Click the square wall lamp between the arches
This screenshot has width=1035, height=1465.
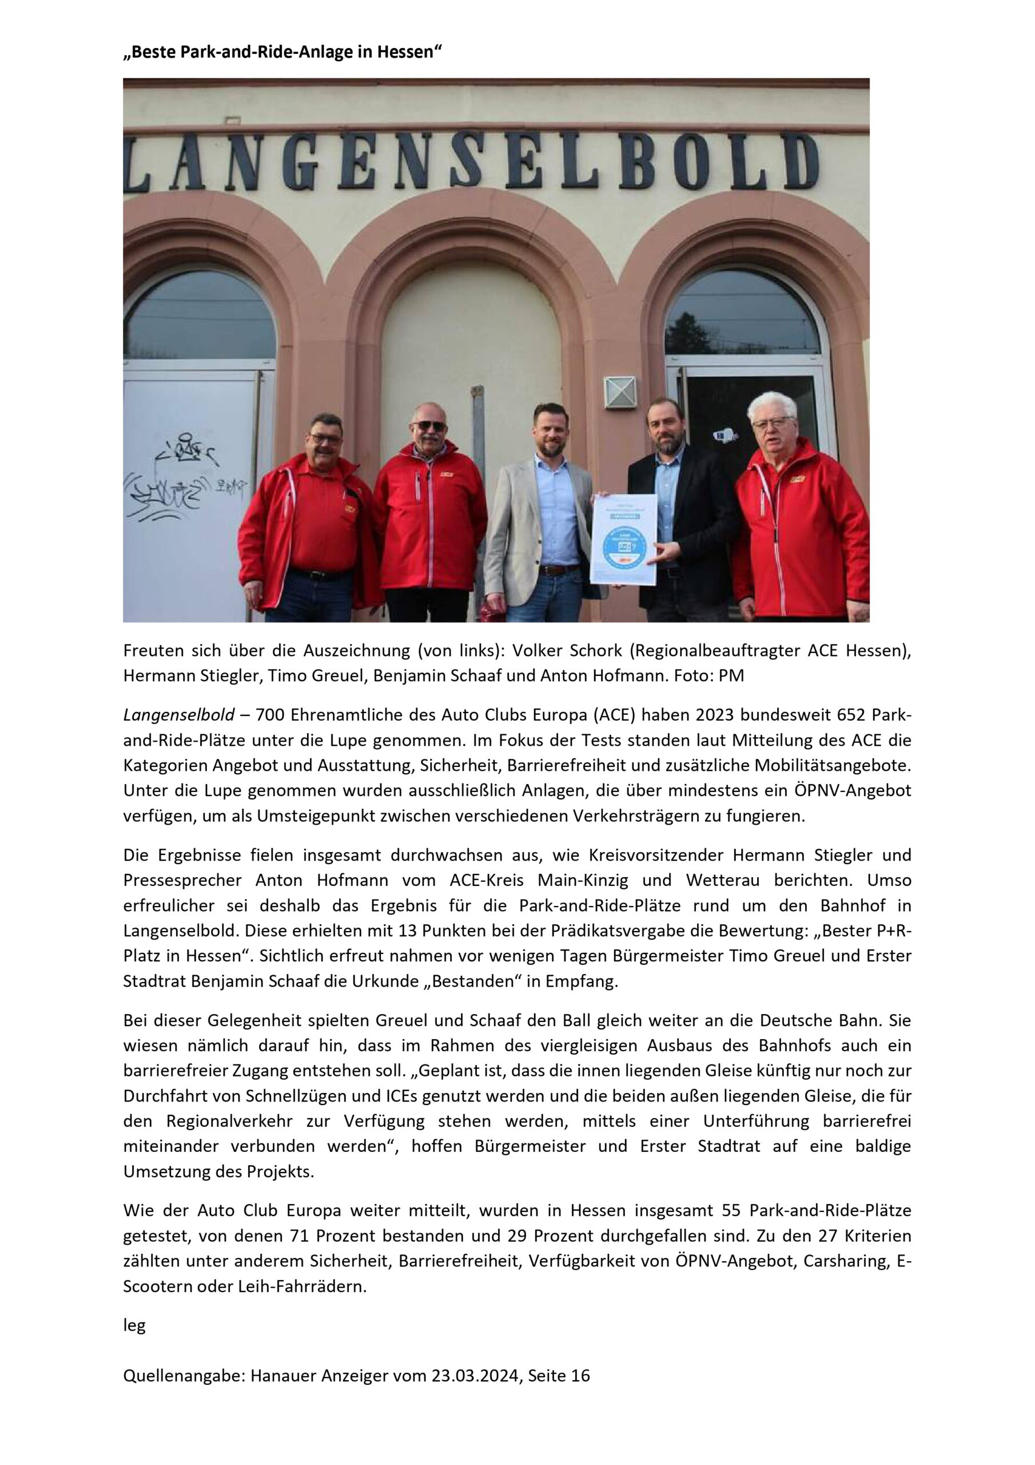tap(620, 392)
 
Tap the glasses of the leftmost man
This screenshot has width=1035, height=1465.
tap(325, 439)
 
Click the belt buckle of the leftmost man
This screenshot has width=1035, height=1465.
tap(317, 575)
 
